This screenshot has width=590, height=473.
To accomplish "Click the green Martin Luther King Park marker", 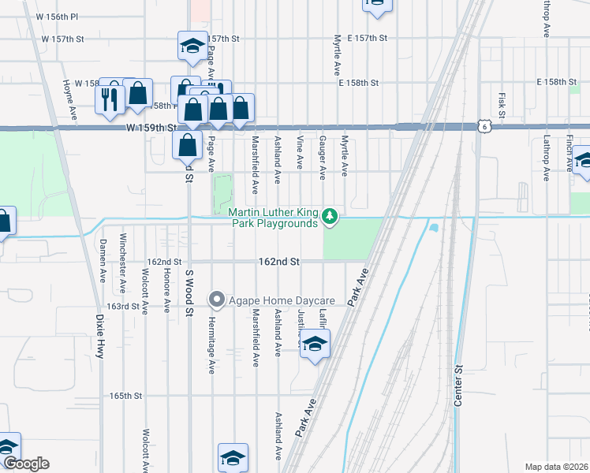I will click(x=332, y=216).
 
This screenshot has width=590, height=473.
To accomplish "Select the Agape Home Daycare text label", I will click(x=282, y=300).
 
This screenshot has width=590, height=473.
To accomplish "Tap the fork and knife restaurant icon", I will click(x=110, y=99).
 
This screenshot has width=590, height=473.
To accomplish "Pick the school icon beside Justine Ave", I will click(x=315, y=345).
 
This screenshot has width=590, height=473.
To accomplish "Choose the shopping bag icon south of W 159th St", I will click(x=187, y=145).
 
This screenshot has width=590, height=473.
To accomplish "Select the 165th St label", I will click(x=125, y=396).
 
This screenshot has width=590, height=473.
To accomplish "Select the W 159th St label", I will click(x=147, y=128).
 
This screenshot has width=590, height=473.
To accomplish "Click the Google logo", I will click(x=26, y=464).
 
